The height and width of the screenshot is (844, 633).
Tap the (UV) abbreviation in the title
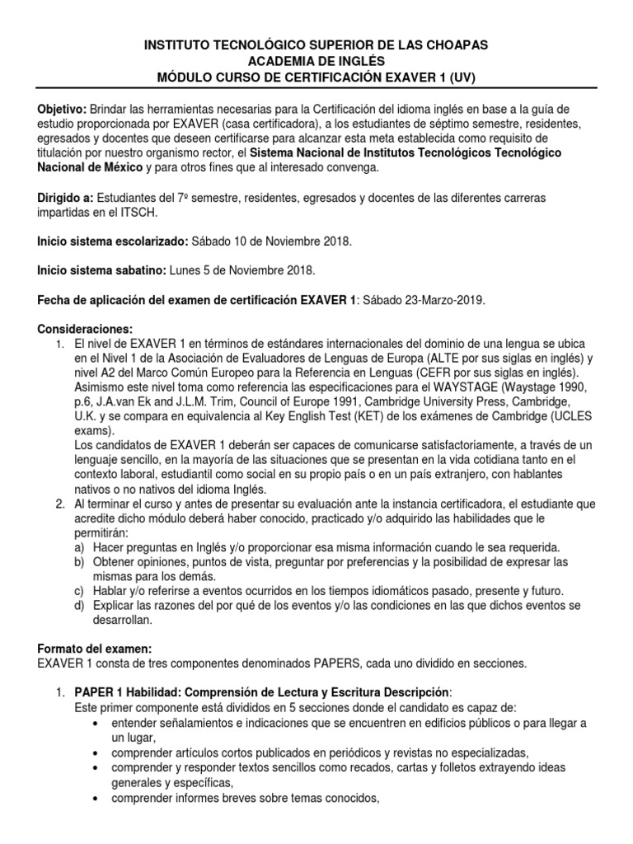click(x=459, y=77)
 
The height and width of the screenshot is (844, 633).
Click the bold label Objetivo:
click(x=62, y=110)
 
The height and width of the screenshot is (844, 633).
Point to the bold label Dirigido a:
click(x=66, y=199)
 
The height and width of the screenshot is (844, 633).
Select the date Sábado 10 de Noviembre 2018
click(x=271, y=242)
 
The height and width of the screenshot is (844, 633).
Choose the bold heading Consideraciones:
click(x=85, y=330)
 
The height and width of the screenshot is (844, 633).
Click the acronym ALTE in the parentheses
click(x=435, y=358)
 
